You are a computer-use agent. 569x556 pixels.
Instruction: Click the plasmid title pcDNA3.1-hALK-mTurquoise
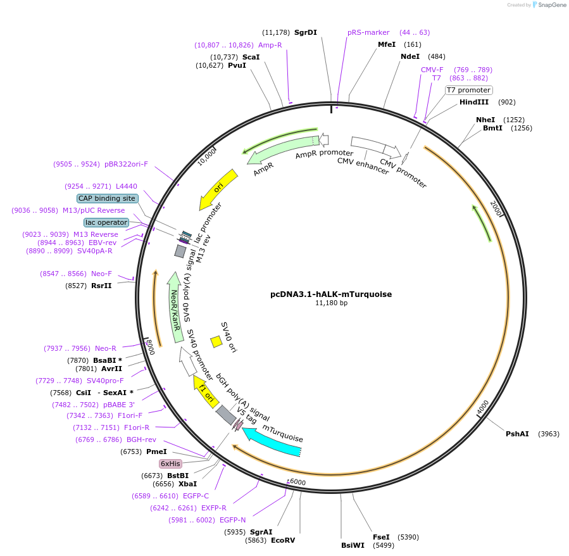pyautogui.click(x=331, y=294)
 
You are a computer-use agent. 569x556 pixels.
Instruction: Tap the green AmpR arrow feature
pyautogui.click(x=278, y=152)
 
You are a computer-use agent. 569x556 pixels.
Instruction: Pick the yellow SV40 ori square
pyautogui.click(x=216, y=341)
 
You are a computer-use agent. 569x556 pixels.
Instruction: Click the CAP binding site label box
pyautogui.click(x=107, y=198)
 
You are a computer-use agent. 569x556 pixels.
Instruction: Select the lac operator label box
pyautogui.click(x=106, y=222)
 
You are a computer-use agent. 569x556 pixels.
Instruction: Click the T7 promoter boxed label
pyautogui.click(x=468, y=90)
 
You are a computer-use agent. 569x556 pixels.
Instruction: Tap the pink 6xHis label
pyautogui.click(x=170, y=464)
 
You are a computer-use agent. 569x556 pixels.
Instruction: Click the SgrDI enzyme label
pyautogui.click(x=306, y=32)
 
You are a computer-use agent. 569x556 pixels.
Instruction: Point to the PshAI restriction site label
pyautogui.click(x=517, y=434)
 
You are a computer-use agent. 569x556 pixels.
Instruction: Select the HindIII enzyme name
pyautogui.click(x=474, y=102)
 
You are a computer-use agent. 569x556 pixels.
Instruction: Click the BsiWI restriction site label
pyautogui.click(x=353, y=545)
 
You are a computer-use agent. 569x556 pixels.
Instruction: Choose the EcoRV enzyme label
pyautogui.click(x=283, y=540)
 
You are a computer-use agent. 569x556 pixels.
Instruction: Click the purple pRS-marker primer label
pyautogui.click(x=368, y=32)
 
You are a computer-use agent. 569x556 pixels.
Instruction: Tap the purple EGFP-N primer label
pyautogui.click(x=233, y=520)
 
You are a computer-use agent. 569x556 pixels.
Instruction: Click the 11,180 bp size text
pyautogui.click(x=331, y=303)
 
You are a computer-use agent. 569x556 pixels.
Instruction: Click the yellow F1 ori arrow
pyautogui.click(x=207, y=391)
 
